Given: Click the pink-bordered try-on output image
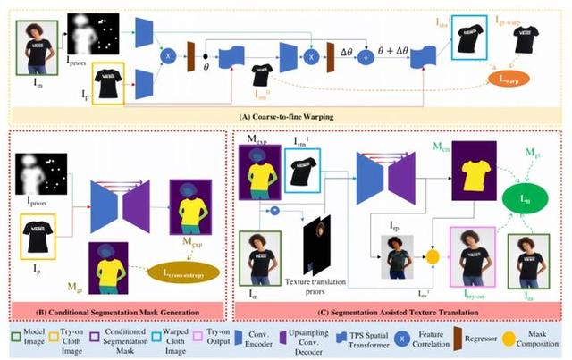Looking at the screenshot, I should coord(463,255).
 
